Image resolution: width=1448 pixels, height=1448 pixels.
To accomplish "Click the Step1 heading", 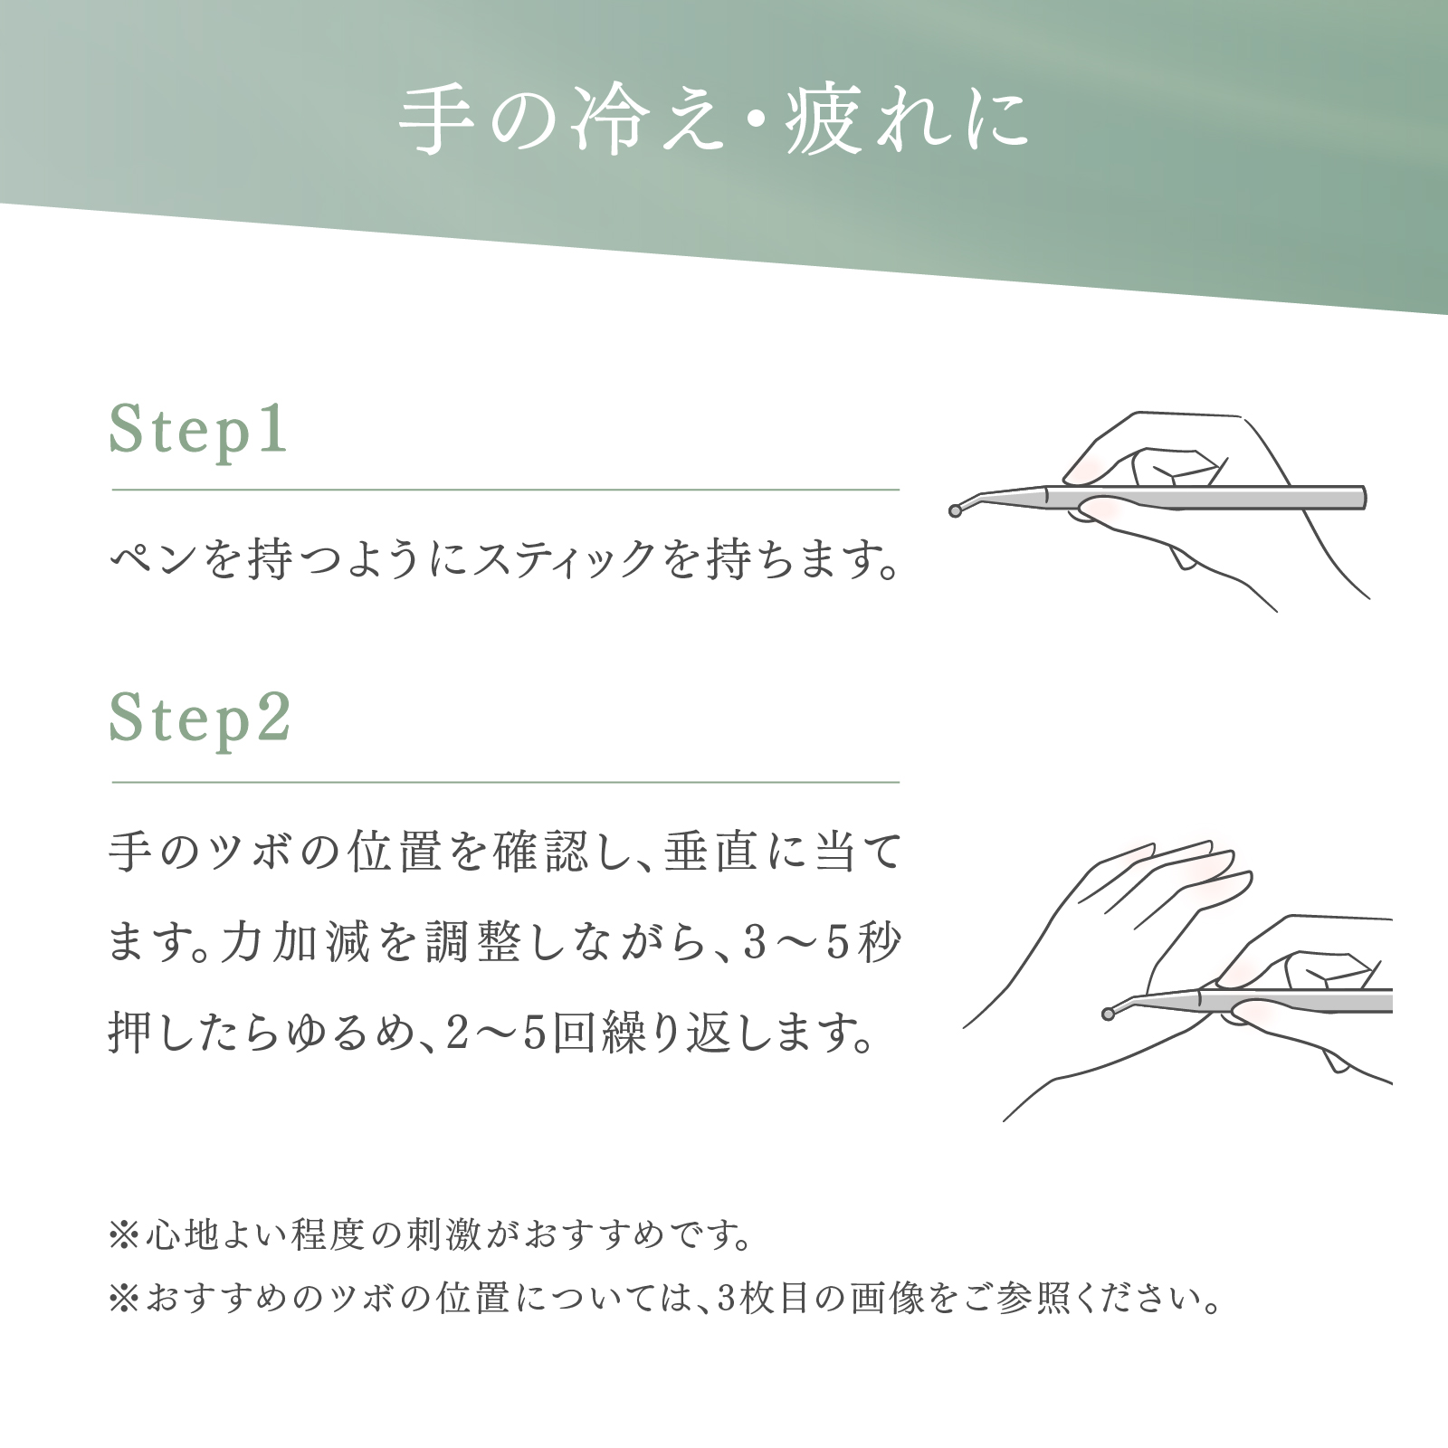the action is point(198,430).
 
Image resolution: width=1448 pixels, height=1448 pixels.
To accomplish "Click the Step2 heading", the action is point(200,720).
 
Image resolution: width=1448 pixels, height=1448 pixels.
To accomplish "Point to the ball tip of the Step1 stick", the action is point(955,511).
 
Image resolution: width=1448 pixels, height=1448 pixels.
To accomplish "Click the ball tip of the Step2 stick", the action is point(1108,1014).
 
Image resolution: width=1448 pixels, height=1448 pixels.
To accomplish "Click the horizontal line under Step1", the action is point(505,491).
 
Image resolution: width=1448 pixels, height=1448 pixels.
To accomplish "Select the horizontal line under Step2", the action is point(505,782).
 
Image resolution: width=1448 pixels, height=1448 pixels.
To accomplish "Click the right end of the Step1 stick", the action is point(1365,498).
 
